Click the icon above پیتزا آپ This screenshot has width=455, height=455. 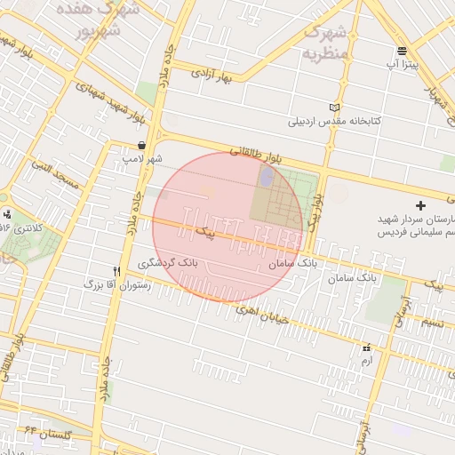pos(403,51)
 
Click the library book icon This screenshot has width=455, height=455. pos(334,108)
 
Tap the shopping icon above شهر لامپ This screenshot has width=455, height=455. pos(142,145)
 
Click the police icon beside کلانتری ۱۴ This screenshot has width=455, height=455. pos(8,213)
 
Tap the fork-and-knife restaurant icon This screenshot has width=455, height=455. pos(116,271)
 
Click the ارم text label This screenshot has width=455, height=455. pos(366,362)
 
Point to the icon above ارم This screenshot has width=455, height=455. pos(366,348)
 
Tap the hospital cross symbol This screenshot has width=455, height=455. pos(420,206)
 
